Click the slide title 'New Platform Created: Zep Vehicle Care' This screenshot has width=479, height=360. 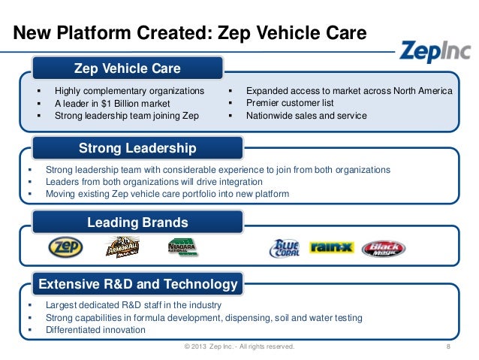(191, 33)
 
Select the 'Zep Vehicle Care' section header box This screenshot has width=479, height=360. (127, 69)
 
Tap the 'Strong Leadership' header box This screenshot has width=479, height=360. (137, 147)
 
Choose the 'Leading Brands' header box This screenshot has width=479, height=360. (137, 222)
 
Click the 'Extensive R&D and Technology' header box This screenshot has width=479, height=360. (138, 285)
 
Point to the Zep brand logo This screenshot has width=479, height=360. (65, 247)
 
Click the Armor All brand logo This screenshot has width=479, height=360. (121, 247)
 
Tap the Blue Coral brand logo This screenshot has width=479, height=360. (285, 248)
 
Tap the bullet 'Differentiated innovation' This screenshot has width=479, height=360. (95, 330)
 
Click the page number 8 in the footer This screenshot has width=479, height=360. (447, 347)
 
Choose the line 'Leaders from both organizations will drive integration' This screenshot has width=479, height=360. (154, 182)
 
